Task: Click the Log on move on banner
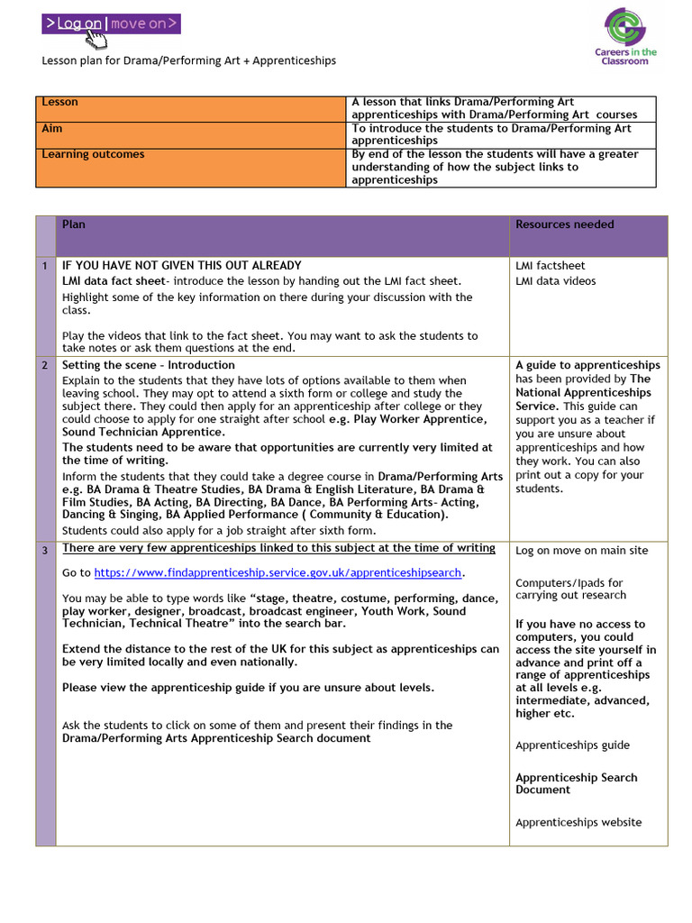(x=111, y=24)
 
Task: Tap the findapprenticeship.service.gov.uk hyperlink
(x=278, y=572)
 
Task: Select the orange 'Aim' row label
(x=52, y=129)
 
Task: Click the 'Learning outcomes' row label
(x=93, y=154)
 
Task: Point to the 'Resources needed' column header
(x=564, y=224)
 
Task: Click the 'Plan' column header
(x=74, y=224)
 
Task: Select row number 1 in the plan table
(x=44, y=266)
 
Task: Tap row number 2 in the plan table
(x=44, y=365)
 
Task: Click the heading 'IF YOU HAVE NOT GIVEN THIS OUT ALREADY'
(x=181, y=266)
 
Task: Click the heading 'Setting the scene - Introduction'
(x=148, y=365)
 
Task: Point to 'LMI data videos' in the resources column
(x=555, y=281)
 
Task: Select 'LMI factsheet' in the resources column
(x=550, y=266)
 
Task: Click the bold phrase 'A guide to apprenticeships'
(x=587, y=365)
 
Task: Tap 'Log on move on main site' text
(x=581, y=551)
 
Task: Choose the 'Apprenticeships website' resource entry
(x=578, y=822)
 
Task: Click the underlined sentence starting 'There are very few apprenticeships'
(x=278, y=548)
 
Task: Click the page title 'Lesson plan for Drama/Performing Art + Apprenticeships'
(x=189, y=60)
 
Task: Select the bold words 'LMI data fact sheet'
(x=113, y=281)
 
